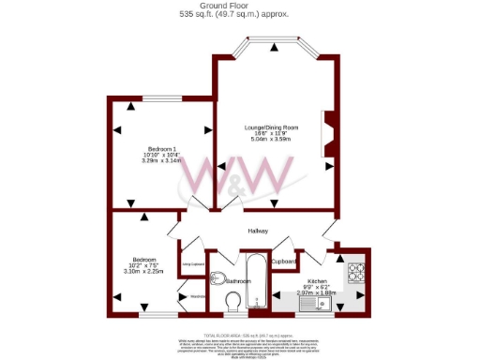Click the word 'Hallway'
[x=258, y=232]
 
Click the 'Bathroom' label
[x=238, y=280]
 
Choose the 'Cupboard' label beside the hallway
[x=285, y=261]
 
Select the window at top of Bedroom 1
[x=161, y=98]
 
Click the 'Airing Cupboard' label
[x=193, y=266]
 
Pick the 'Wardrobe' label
[x=197, y=297]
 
